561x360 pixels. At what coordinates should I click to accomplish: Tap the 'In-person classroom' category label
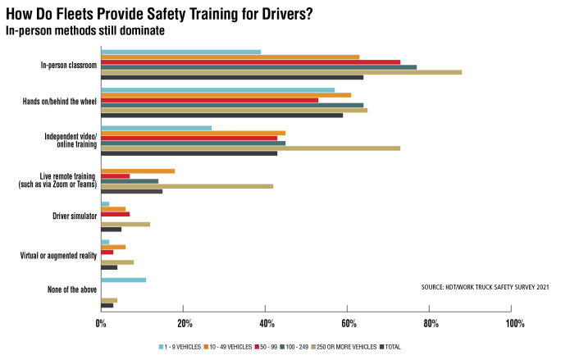[x=69, y=65]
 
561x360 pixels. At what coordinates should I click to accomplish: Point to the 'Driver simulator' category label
[x=75, y=216]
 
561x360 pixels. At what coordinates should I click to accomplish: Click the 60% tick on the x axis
[x=347, y=324]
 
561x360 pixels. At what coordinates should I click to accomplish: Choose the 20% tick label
[x=184, y=324]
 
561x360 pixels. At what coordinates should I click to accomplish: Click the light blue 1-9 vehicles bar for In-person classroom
[x=180, y=52]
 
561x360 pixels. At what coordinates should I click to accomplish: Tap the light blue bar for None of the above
[x=123, y=280]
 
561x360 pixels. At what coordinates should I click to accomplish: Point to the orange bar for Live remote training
[x=138, y=171]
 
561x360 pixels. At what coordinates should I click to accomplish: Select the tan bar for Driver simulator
[x=125, y=224]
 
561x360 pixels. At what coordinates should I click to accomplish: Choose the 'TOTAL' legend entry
[x=392, y=347]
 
